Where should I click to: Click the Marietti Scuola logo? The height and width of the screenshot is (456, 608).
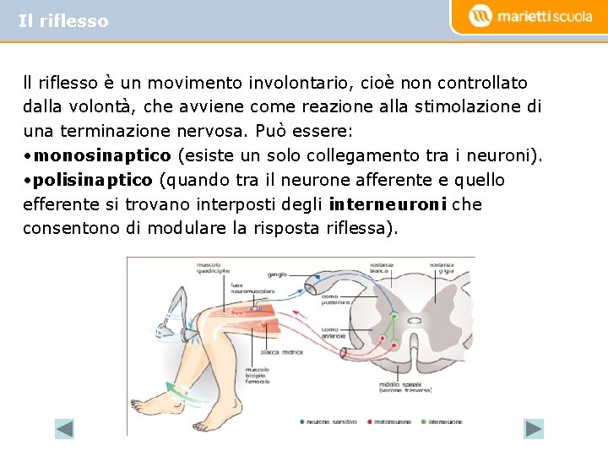coord(530,16)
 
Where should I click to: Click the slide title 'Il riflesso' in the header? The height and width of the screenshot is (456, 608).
coord(63,21)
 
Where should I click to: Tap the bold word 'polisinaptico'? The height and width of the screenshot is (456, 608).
coord(93,180)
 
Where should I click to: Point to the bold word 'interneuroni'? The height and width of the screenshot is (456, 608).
coord(388,204)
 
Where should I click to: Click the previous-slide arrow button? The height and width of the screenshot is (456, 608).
coord(65,429)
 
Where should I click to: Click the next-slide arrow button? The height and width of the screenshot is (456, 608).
coord(534,429)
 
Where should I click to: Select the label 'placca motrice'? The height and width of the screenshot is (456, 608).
coord(282,352)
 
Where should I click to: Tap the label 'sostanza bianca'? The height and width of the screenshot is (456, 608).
coord(382,269)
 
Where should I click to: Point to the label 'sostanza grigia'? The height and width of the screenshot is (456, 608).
coord(442,269)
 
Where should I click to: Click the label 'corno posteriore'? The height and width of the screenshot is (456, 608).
coord(330,299)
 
